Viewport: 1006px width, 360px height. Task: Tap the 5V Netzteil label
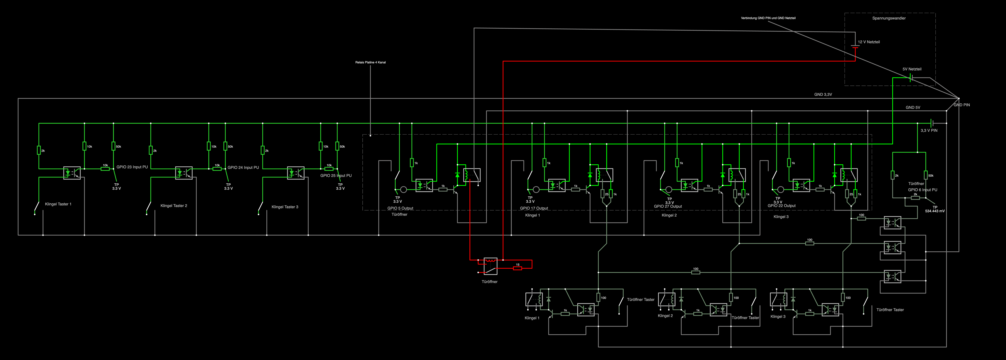point(912,69)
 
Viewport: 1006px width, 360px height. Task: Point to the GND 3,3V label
point(823,94)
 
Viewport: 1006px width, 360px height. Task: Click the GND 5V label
point(913,107)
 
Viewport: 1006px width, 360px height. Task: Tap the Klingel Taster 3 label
point(285,207)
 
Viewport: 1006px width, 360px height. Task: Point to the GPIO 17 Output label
point(534,208)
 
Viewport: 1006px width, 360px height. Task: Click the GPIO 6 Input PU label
point(922,190)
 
